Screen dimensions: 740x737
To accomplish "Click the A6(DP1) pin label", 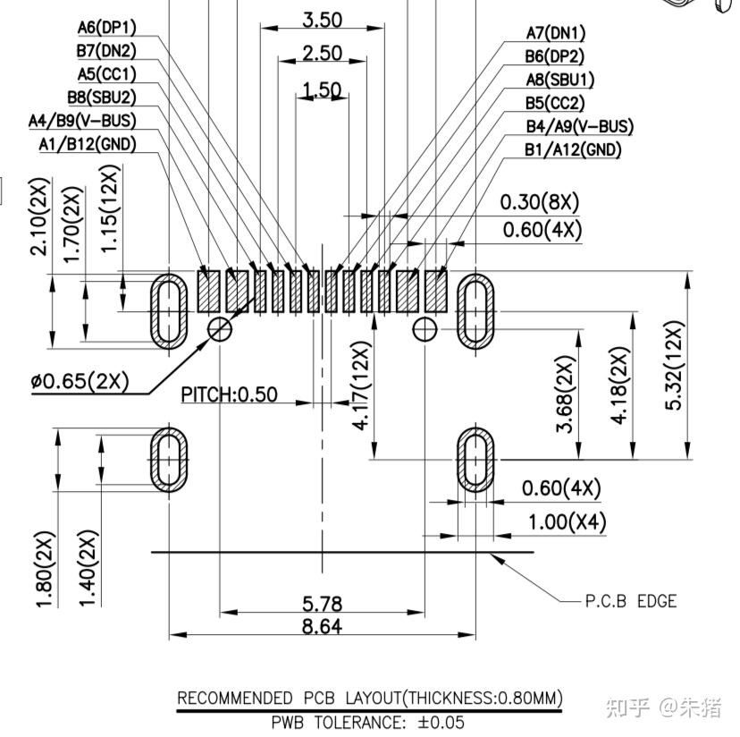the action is coord(106,28).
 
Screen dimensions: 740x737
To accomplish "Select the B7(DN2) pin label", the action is coord(106,51).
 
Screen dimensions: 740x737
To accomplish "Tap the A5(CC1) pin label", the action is coord(106,74).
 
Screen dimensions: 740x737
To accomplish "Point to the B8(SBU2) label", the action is coord(102,97).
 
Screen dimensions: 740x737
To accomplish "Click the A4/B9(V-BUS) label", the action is coord(82,121).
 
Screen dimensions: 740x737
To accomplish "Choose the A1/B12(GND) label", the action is coord(88,144).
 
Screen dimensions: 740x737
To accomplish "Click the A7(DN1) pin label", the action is coord(556,33).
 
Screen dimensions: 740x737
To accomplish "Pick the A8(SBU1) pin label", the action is coord(559,80).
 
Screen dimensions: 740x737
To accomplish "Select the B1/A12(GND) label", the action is coord(573,149).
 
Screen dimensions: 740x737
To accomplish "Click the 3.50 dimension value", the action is coord(323,20).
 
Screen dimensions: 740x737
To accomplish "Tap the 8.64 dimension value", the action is coord(322,626).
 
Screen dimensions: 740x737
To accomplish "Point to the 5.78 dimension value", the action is coord(322,604).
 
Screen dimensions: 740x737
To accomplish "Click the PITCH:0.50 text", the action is coord(230,394).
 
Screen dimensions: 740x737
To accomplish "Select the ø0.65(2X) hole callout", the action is coord(80,381).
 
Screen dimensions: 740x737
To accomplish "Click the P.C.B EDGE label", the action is coord(630,601).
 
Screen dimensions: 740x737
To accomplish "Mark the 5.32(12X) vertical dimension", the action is coord(674,365).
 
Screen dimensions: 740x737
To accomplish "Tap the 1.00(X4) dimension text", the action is coord(567,522).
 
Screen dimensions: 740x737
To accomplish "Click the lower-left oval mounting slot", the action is coord(169,460).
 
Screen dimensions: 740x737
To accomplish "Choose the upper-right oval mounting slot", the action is coord(475,311).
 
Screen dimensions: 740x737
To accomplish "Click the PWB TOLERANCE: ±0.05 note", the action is coord(367,723).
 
